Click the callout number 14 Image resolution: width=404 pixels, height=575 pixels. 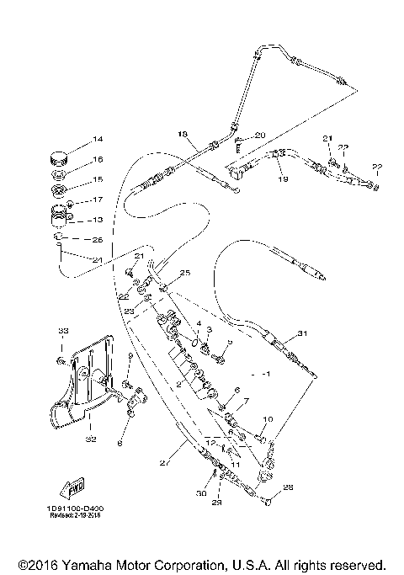click(x=97, y=139)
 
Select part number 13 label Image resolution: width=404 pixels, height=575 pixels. click(x=98, y=220)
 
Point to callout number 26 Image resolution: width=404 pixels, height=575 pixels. click(x=97, y=239)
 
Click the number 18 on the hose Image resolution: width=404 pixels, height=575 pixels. click(x=181, y=134)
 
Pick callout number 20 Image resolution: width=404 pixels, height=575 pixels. click(x=259, y=136)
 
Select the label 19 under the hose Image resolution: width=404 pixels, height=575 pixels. click(x=284, y=179)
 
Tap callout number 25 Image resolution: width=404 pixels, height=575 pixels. click(x=185, y=273)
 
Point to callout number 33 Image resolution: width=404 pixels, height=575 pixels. click(x=61, y=333)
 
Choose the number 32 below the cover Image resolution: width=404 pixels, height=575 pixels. click(x=90, y=439)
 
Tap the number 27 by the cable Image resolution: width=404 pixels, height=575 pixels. click(x=165, y=462)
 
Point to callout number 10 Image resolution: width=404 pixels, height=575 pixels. click(x=268, y=418)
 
